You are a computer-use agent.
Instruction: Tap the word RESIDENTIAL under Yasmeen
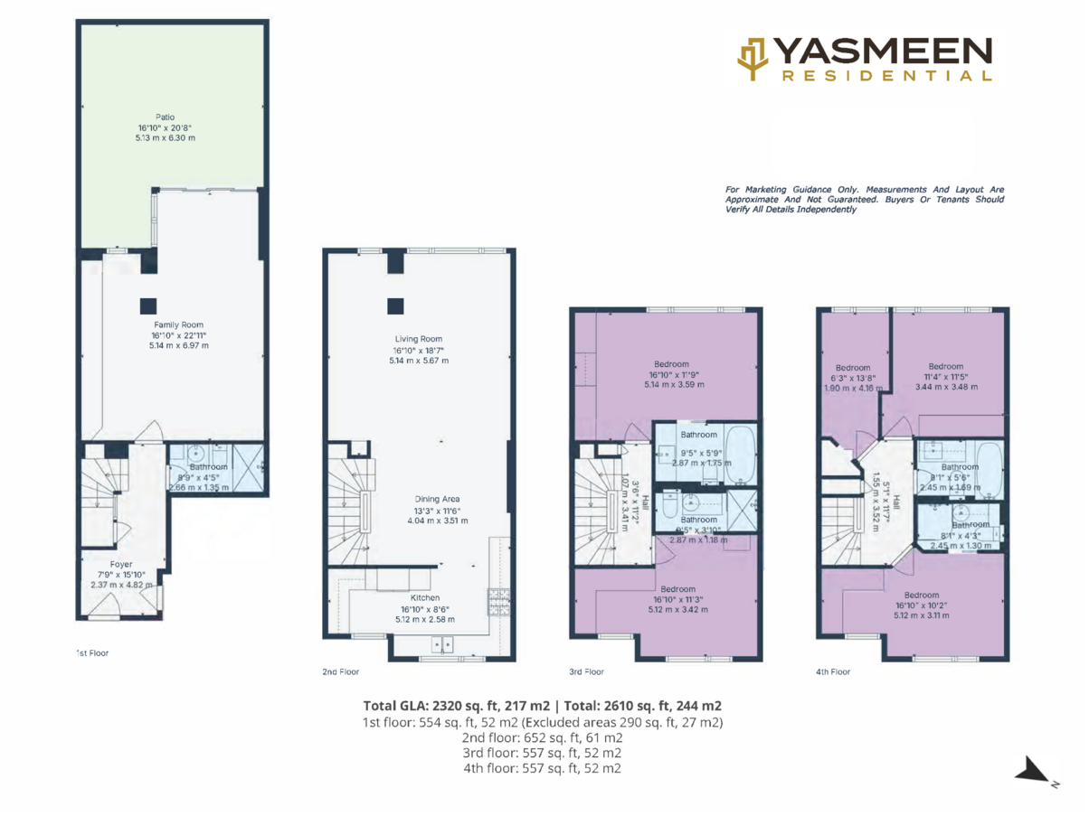[x=885, y=77]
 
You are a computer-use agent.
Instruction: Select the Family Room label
[x=177, y=324]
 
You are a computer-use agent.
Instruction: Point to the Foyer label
[x=120, y=564]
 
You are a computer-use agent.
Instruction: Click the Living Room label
[x=421, y=340]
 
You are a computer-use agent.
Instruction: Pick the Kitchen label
[x=425, y=598]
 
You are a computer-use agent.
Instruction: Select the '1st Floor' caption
[x=92, y=652]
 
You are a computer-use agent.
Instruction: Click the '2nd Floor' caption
[x=340, y=671]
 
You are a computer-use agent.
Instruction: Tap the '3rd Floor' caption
[x=587, y=671]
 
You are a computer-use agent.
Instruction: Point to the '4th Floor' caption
[x=832, y=671]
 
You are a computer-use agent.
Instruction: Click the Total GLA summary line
[x=542, y=706]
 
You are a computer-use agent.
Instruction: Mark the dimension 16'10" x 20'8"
[x=163, y=127]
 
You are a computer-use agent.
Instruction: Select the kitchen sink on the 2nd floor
[x=443, y=644]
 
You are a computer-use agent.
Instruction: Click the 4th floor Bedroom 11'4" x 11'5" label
[x=945, y=367]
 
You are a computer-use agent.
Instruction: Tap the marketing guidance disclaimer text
[x=864, y=199]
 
